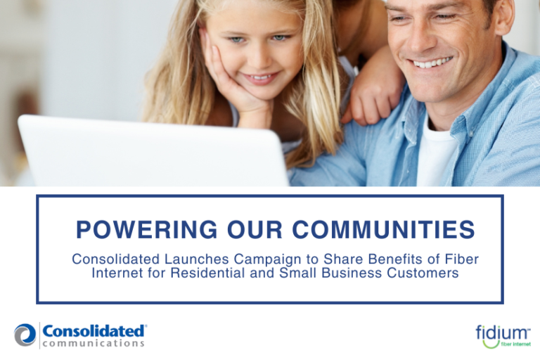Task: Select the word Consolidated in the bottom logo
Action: point(94,330)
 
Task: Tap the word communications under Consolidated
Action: point(94,344)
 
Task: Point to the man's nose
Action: point(421,38)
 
